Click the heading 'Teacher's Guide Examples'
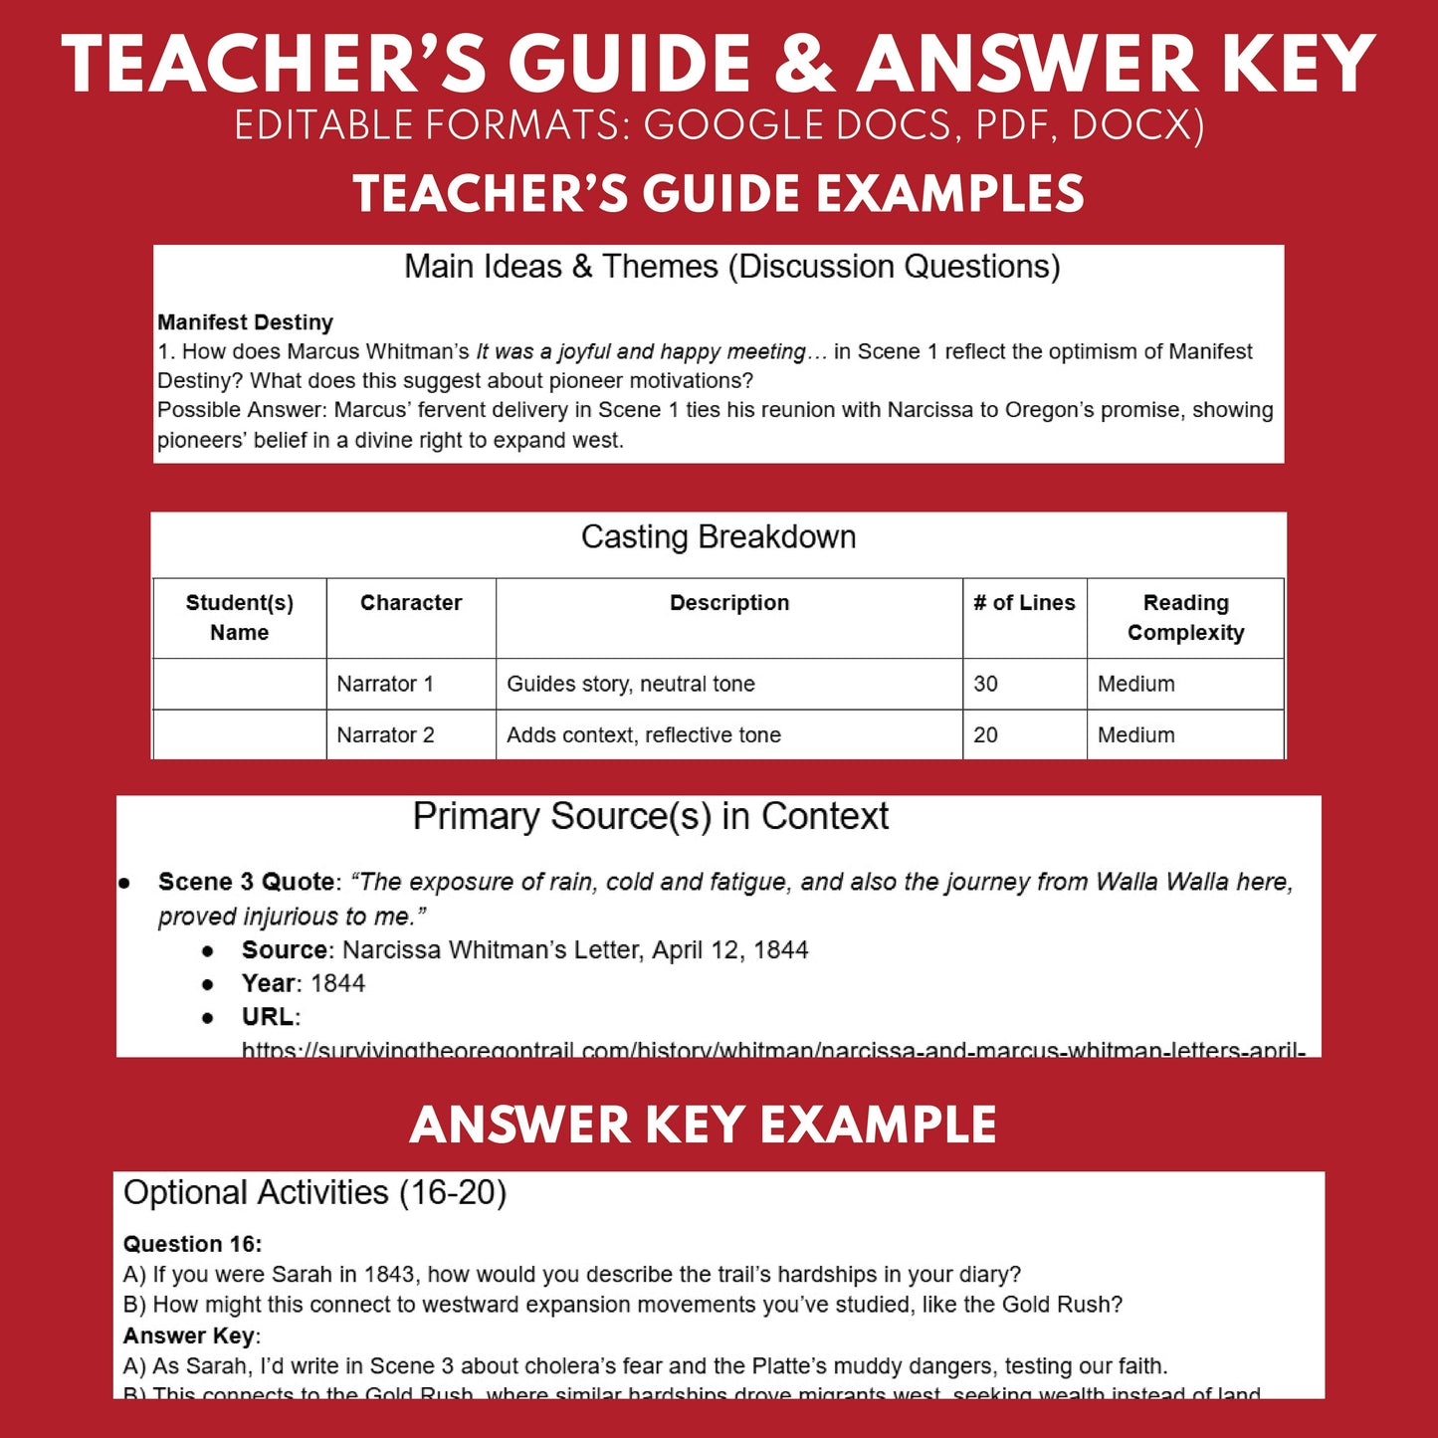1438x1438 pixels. point(719,194)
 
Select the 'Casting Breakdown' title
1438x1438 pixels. point(719,537)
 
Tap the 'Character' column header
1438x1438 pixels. point(411,603)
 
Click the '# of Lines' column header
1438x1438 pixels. point(1024,603)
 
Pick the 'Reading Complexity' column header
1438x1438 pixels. point(1185,618)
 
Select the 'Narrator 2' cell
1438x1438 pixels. point(385,735)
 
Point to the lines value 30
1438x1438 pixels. point(985,684)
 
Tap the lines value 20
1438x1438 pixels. point(985,735)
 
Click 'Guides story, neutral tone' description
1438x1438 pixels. point(631,684)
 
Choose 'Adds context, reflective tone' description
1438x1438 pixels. point(644,735)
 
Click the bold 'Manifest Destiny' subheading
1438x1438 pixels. point(245,322)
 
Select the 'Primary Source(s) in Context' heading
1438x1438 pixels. point(650,816)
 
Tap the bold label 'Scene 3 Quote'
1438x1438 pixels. point(246,882)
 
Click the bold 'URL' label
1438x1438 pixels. point(268,1017)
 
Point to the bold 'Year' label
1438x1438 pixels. point(268,983)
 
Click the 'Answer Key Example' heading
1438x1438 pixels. point(703,1126)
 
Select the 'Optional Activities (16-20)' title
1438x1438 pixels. point(314,1192)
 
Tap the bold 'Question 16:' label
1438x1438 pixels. point(192,1244)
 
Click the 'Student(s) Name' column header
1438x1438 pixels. point(240,618)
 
